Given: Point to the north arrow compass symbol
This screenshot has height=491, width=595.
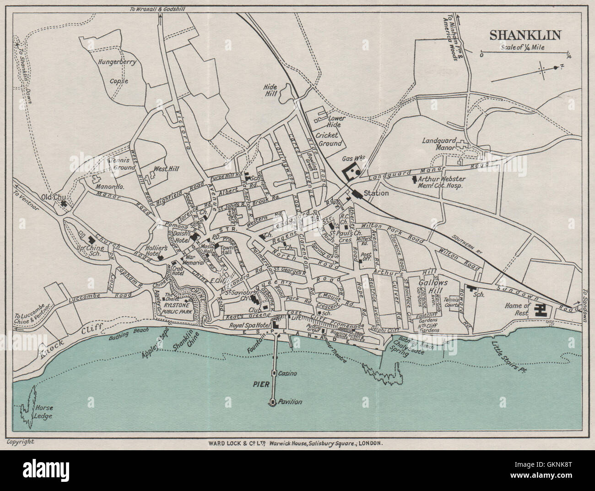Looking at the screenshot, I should point(542,70).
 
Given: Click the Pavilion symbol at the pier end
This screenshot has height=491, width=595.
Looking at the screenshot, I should point(273,402).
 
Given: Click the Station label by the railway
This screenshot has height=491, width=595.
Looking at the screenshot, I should point(376,193).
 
